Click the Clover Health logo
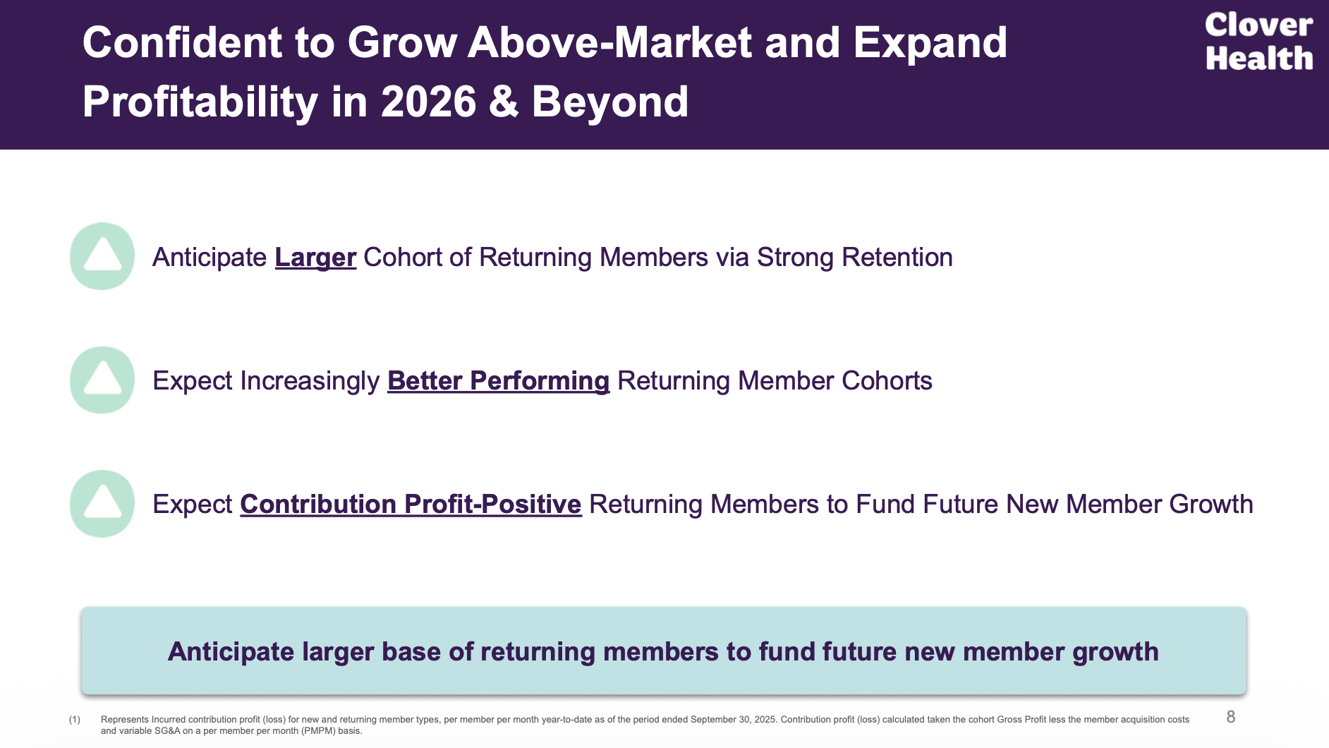coord(1258,42)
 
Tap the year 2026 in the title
coord(429,102)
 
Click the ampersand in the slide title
coord(504,102)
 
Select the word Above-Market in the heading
coord(609,42)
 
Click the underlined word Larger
coord(315,258)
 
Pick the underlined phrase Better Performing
coord(498,381)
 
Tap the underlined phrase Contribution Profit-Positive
coord(411,505)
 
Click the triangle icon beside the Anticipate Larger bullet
coord(102,256)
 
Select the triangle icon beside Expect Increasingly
coord(102,380)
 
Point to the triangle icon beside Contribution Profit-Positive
coord(102,503)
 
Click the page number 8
coord(1230,717)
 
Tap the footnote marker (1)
coord(75,720)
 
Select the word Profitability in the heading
coord(200,102)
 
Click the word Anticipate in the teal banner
coord(231,651)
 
